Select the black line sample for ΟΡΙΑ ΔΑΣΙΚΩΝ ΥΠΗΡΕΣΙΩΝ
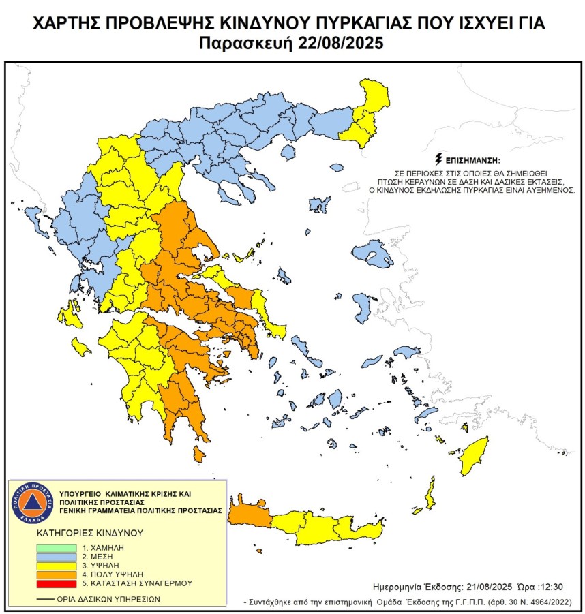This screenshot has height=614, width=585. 46,600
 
